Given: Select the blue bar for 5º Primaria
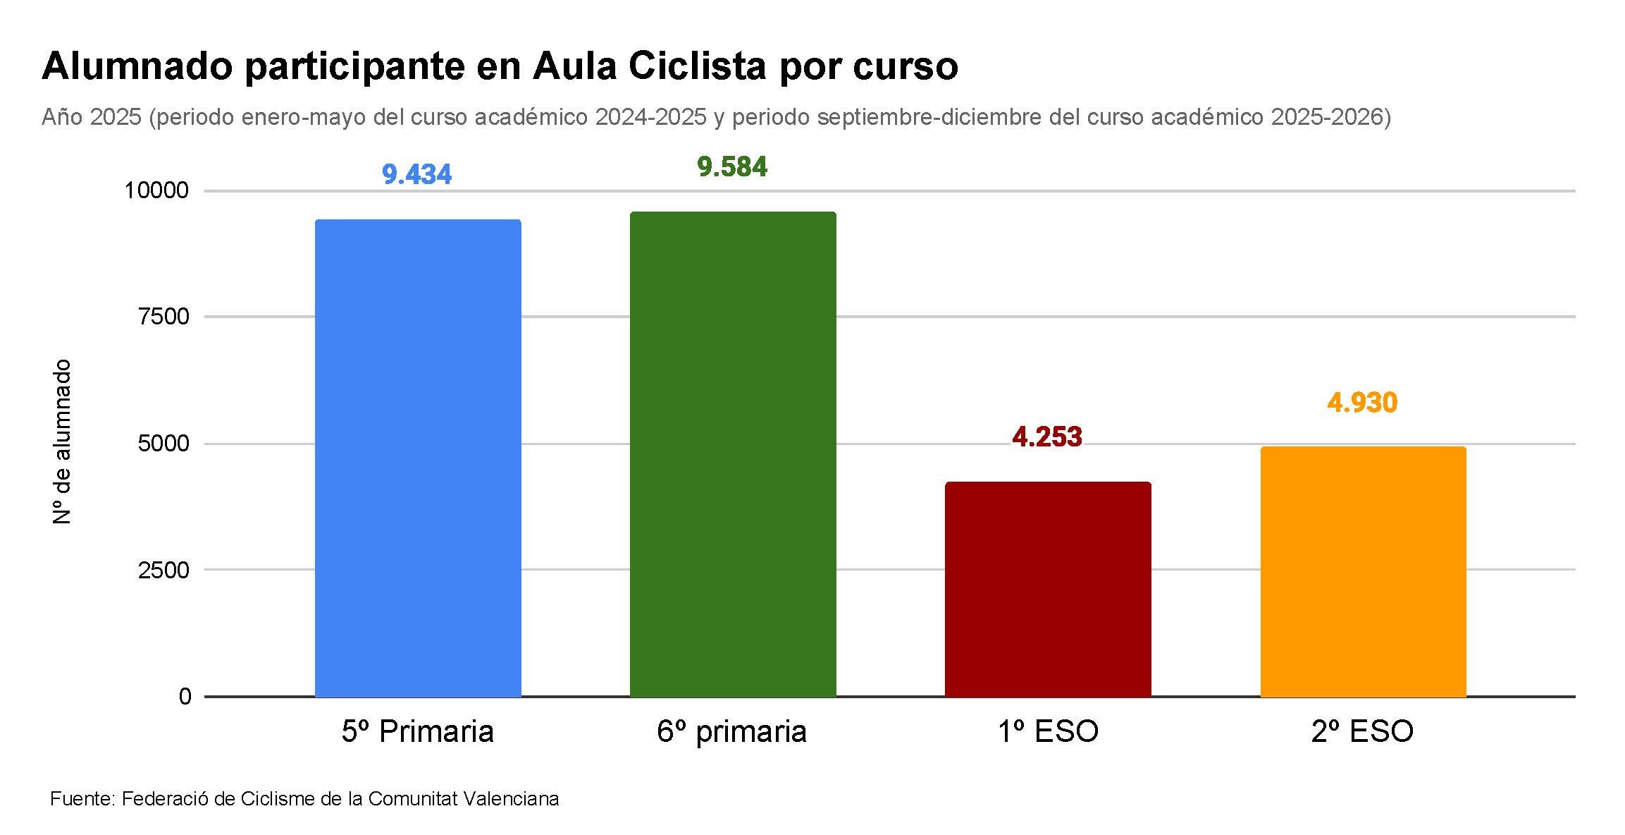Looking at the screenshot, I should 418,458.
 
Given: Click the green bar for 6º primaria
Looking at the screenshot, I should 733,455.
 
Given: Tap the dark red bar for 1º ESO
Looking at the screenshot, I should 1048,590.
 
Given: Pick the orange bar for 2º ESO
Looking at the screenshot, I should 1363,572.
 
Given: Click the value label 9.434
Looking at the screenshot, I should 416,174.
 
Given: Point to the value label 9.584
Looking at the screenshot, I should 732,167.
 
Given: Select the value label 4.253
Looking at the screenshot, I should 1047,437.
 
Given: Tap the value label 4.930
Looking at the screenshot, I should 1362,403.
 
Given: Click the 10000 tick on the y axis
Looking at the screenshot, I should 156,190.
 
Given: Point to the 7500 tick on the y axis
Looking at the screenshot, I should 164,317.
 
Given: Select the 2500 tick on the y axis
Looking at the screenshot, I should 164,570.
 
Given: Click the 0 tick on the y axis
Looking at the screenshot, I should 185,697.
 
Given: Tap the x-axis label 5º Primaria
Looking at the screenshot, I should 418,731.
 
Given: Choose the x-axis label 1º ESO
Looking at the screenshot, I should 1048,731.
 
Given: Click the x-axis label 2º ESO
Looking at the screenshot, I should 1362,731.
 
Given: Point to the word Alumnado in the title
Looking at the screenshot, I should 137,66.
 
